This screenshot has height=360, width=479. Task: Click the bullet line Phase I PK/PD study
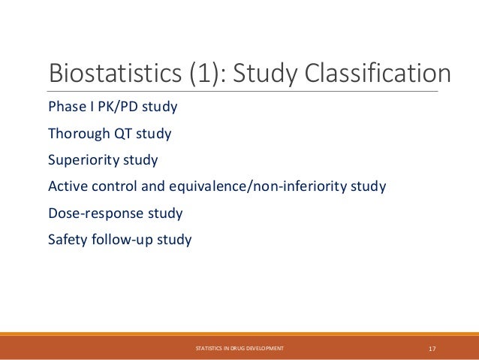coord(113,107)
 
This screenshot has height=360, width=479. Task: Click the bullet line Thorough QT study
coord(110,134)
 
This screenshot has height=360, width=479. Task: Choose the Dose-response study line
coord(115,213)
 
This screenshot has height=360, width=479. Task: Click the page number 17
coord(432,349)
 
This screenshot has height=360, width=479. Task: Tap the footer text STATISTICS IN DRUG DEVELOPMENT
coord(239,349)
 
